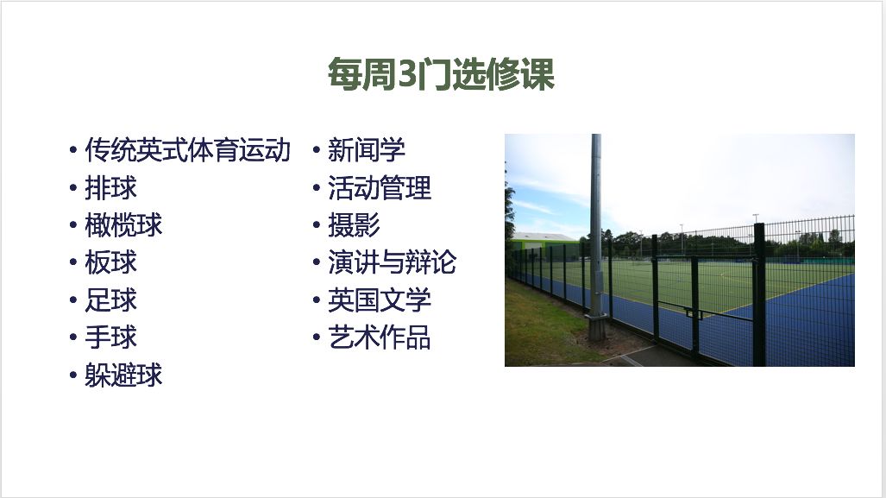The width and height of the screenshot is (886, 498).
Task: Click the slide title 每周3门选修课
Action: pos(441,74)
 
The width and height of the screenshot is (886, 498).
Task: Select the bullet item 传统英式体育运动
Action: pos(187,150)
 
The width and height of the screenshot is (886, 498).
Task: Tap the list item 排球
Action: pos(110,187)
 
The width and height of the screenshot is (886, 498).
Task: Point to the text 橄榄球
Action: pos(123,225)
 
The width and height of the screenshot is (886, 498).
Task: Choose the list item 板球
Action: pos(110,262)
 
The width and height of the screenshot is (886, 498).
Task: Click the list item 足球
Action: pos(110,299)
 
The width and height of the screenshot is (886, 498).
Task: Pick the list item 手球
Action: pos(110,337)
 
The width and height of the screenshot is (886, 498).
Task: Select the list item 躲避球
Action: pos(123,375)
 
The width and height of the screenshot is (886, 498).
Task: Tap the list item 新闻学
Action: pos(366,150)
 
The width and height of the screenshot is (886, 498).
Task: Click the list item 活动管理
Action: pos(379,187)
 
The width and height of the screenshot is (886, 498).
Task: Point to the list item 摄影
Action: pos(354,225)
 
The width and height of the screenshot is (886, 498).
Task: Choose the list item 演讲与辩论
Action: pos(393,262)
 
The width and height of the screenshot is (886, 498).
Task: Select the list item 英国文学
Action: pos(379,299)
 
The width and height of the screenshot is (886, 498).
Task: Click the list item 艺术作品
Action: pos(379,337)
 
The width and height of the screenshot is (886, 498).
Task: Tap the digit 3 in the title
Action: pos(406,74)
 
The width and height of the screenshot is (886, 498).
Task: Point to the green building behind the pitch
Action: pos(544,243)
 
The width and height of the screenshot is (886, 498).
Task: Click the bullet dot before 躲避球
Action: pos(72,375)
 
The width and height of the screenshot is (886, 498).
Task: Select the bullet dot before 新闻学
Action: pos(316,150)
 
